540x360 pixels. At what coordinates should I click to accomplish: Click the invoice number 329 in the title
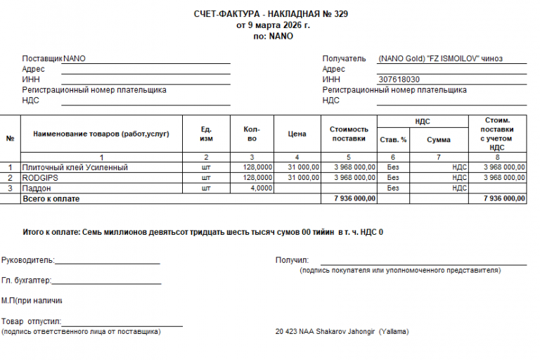coord(340,14)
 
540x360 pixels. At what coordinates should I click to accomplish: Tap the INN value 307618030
coord(399,79)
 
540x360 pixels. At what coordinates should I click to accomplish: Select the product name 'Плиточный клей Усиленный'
coord(75,167)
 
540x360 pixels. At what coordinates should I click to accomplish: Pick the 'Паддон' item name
coord(37,188)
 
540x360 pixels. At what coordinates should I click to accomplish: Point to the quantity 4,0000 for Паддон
coord(260,188)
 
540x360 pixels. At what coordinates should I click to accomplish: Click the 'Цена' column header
coord(297,134)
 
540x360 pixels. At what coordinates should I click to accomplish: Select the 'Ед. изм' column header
coord(206,134)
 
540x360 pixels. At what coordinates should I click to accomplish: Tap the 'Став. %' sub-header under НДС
coord(393,139)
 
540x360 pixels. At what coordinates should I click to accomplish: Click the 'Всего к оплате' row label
coord(51,199)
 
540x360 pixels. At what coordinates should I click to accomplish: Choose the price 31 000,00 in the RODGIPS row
coord(304,178)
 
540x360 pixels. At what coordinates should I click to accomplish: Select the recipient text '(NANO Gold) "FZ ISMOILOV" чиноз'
coord(440,59)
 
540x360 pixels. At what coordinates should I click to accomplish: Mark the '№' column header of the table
coord(11,138)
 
